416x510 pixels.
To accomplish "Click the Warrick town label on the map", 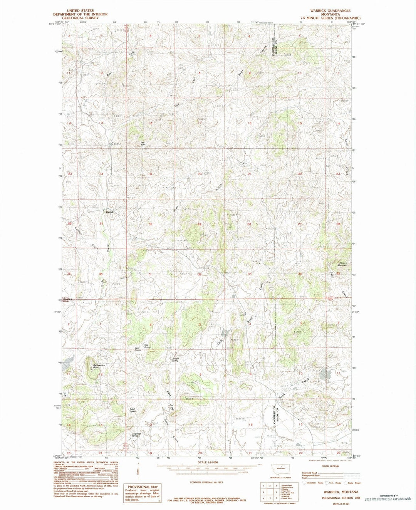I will pos(109,212).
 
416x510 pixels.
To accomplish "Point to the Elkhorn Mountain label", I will pos(342,264).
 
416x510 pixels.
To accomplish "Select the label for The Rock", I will pos(143,143).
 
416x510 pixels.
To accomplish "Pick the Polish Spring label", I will pos(133,411).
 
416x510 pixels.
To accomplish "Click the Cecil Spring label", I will pos(137,349).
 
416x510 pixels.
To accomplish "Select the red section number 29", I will pos(199,224).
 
